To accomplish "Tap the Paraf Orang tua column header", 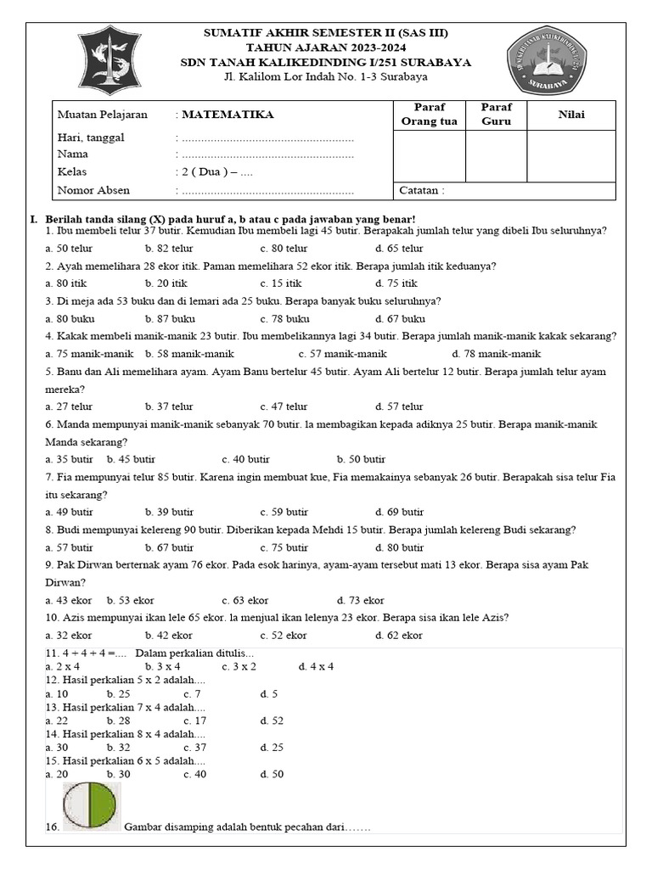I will click(429, 114).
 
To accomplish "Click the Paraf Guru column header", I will click(496, 114).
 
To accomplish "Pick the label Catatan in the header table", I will click(421, 190).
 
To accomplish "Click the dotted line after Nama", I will click(267, 154).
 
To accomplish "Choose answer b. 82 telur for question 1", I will click(169, 249).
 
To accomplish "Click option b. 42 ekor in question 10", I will click(169, 635).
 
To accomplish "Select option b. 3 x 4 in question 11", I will click(163, 666).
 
